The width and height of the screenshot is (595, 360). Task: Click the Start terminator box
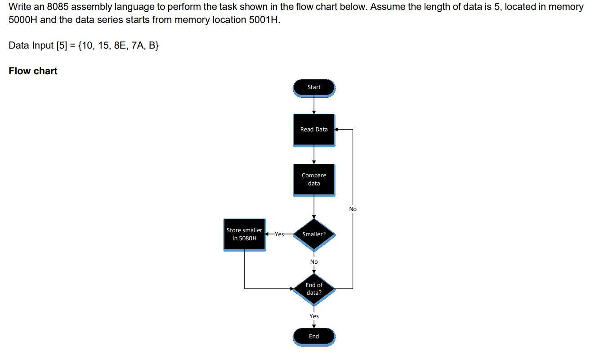tap(314, 87)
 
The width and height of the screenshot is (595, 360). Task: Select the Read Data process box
tap(314, 130)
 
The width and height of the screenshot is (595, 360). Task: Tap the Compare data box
tap(314, 179)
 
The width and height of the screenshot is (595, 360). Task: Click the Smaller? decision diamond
tap(314, 234)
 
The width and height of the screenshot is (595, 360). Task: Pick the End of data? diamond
tap(314, 288)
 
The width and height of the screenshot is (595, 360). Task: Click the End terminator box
tap(314, 337)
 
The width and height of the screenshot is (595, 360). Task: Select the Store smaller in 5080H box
tap(244, 234)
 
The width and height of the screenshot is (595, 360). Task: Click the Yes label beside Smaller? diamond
tap(279, 234)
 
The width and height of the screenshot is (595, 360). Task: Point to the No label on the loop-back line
tap(353, 209)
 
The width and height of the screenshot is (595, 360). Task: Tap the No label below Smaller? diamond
tap(314, 262)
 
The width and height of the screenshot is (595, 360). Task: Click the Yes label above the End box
tap(314, 316)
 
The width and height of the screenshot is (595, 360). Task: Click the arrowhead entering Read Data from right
tap(337, 130)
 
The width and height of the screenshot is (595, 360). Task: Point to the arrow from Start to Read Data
tap(314, 105)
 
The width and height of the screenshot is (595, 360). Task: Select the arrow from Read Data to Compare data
tap(314, 155)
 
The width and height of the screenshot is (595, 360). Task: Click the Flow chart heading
tap(33, 71)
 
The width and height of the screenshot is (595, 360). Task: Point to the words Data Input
tap(31, 45)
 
